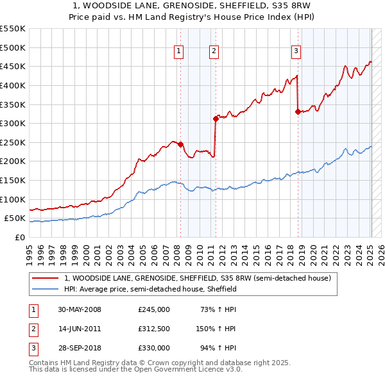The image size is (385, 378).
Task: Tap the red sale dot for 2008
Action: pyautogui.click(x=180, y=144)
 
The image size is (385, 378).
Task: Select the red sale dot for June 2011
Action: pyautogui.click(x=216, y=119)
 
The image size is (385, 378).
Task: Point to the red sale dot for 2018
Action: pyautogui.click(x=298, y=111)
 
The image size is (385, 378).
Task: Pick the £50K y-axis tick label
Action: pyautogui.click(x=15, y=218)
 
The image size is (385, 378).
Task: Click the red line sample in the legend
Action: pyautogui.click(x=45, y=279)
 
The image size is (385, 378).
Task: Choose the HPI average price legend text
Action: pyautogui.click(x=151, y=290)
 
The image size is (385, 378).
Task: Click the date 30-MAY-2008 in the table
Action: pyautogui.click(x=80, y=309)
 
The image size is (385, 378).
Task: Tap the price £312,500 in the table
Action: pyautogui.click(x=153, y=329)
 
